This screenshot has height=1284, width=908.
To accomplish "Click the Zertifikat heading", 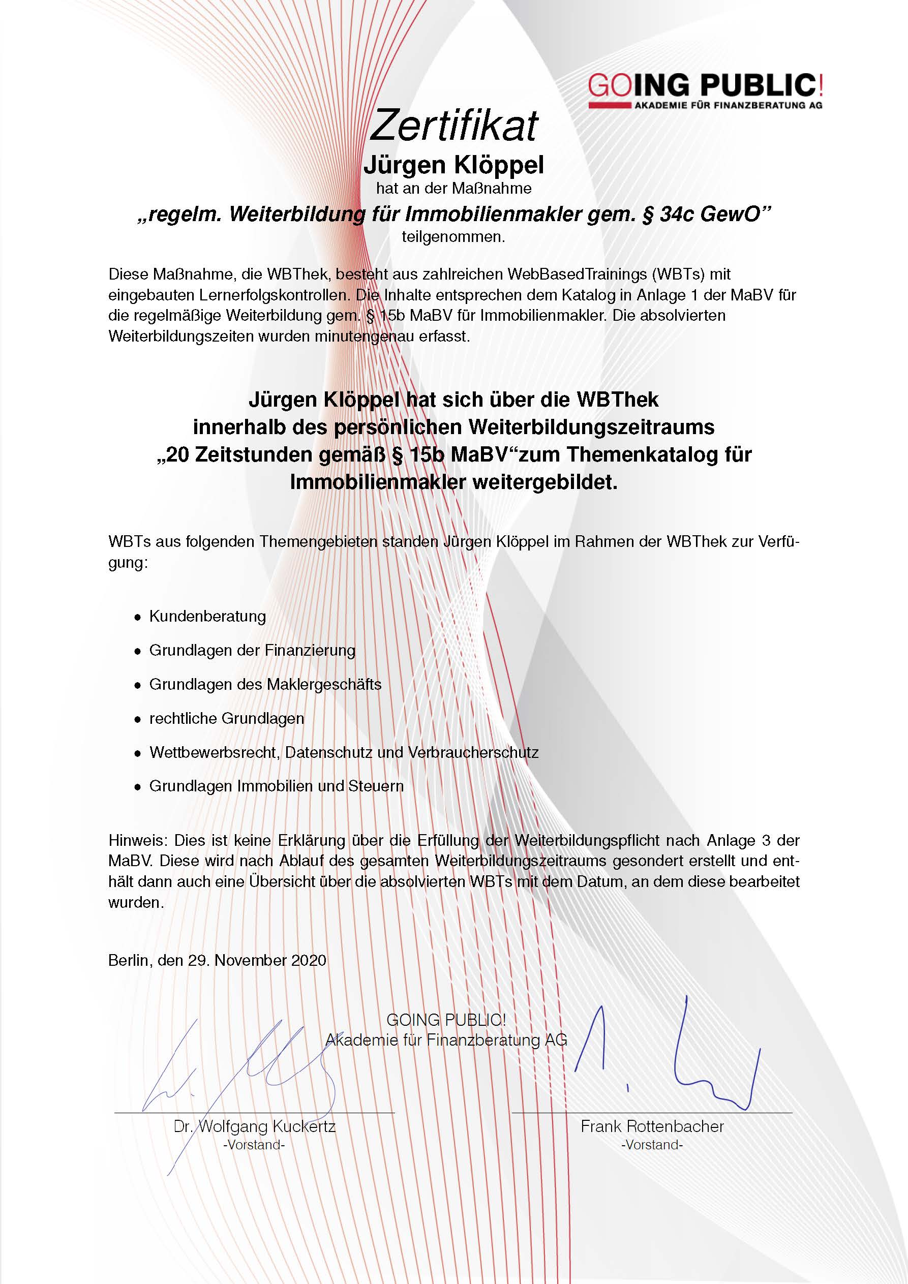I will pos(453,125).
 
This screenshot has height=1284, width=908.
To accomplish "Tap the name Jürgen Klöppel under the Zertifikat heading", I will pos(453,165).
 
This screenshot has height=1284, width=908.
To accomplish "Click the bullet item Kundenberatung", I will pos(207,616).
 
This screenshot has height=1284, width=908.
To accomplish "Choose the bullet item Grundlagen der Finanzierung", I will pos(252,651).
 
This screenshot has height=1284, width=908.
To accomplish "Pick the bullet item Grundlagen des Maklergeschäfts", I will pos(265,685).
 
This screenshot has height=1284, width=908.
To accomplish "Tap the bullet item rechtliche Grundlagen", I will pos(227,718).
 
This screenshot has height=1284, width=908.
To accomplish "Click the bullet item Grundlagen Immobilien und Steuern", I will pos(276,786).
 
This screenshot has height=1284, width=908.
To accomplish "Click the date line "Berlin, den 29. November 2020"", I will pos(217,960).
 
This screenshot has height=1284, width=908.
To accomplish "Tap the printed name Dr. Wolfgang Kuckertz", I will pos(255,1126).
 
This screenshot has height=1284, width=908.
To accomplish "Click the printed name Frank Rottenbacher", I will pos(652,1126).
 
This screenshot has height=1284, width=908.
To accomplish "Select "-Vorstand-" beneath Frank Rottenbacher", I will pos(652,1145).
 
